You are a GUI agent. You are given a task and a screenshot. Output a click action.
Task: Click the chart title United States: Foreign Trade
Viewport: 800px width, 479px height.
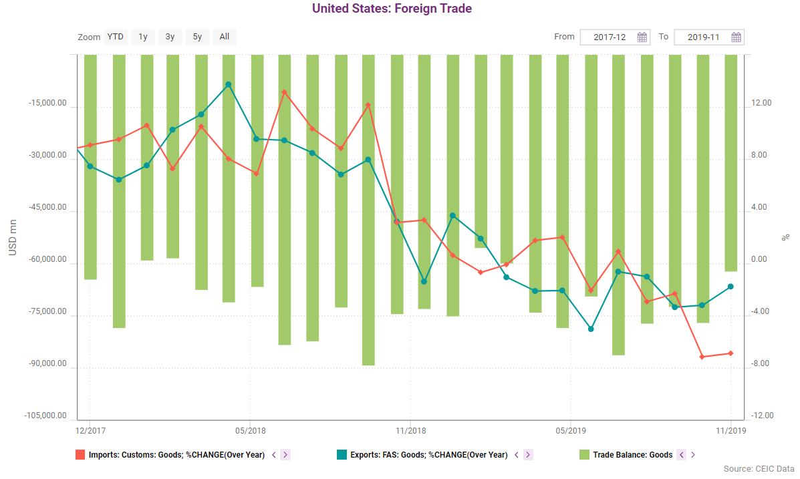392,9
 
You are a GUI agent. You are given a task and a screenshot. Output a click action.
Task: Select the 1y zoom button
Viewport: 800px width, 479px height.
143,37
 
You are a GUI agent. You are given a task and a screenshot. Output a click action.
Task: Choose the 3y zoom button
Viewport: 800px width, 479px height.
170,37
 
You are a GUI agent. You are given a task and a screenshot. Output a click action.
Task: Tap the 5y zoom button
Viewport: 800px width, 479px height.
197,37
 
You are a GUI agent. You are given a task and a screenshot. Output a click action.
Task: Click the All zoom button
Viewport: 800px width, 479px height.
225,37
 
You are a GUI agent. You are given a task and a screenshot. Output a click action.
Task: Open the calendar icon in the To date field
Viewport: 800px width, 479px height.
736,37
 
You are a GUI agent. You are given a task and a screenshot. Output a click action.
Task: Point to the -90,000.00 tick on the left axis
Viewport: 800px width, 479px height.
47,365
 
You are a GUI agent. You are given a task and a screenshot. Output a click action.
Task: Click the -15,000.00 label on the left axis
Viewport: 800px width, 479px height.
47,104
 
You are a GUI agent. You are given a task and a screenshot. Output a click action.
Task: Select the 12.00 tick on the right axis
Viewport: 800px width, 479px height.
762,104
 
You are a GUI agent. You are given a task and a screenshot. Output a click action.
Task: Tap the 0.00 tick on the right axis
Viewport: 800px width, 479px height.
762,260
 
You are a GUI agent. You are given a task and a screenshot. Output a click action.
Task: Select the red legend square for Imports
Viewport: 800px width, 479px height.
80,455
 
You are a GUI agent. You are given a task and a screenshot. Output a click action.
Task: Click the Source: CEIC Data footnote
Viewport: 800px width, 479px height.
759,469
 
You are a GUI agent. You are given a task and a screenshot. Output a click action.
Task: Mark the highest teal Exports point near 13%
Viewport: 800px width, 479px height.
229,85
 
